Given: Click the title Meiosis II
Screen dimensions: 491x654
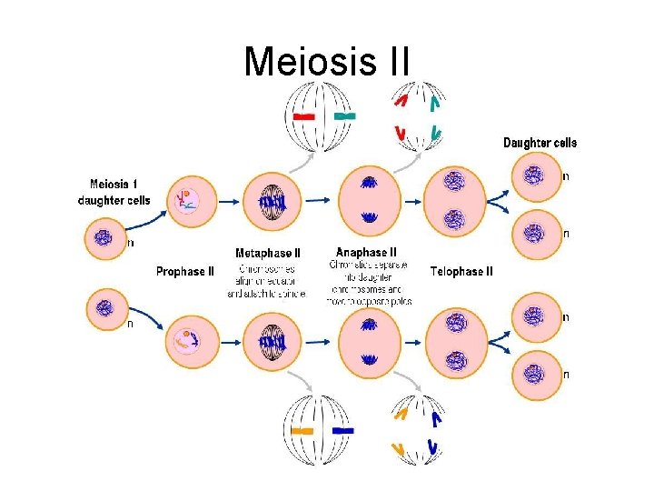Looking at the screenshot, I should pos(327,62).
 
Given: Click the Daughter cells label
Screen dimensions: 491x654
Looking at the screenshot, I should pos(540,143).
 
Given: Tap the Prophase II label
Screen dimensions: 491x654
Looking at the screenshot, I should pos(185,271).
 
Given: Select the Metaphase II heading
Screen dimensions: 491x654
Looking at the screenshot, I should pos(268,253).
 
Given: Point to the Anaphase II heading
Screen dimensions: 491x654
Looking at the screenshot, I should pos(366,252).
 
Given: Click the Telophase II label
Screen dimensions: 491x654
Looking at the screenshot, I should pos(461,271).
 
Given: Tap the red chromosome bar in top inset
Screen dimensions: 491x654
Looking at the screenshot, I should pos(304,117).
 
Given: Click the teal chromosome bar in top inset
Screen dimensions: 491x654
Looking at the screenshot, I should pos(344,116).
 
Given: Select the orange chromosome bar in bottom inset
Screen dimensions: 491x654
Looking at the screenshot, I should pos(302,430).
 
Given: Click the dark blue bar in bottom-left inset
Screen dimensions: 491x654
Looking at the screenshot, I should pos(343,430).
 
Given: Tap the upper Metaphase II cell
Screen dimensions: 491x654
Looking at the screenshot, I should pos(272,200).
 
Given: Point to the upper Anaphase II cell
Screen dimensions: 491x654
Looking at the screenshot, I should pos(369,200).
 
